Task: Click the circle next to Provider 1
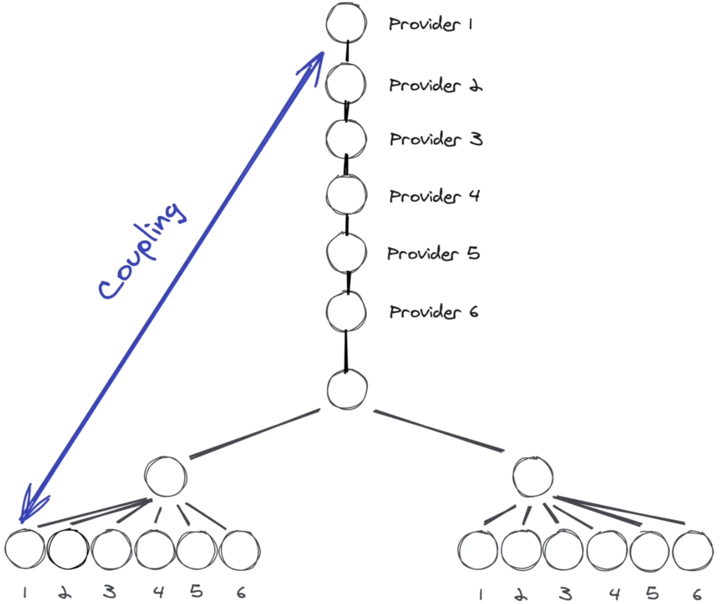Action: pos(346,24)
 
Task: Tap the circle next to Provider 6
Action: pos(346,311)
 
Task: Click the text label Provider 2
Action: pos(435,85)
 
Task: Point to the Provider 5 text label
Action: pos(433,254)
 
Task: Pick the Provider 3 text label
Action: pos(435,139)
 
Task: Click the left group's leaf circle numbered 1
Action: pos(24,549)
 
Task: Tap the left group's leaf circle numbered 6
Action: pos(240,549)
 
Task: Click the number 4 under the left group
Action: pos(158,592)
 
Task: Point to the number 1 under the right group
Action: pos(480,594)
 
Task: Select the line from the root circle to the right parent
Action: pos(438,430)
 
